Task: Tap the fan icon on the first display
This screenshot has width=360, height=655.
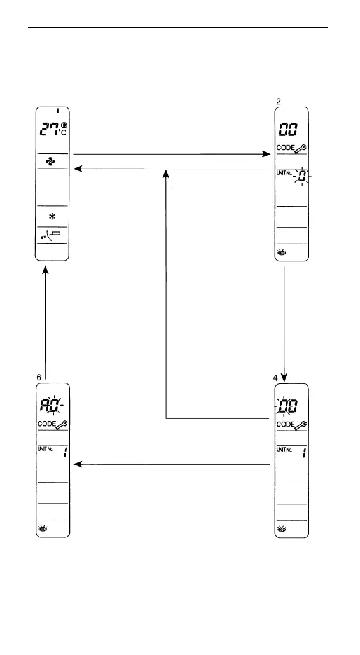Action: (x=50, y=162)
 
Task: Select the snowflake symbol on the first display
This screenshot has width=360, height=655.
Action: (x=52, y=216)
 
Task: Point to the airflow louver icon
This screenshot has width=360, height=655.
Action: (x=50, y=235)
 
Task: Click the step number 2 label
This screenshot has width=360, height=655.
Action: (x=279, y=102)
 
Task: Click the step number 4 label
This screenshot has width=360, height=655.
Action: (x=275, y=378)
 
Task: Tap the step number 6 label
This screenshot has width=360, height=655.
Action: (x=39, y=377)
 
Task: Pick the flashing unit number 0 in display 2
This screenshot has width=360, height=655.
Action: (x=302, y=176)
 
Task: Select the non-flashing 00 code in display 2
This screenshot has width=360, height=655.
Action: (x=288, y=130)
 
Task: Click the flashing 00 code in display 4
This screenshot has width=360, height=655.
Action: (x=288, y=406)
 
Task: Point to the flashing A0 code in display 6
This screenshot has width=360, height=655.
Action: (x=49, y=405)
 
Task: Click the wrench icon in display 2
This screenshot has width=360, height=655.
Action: (x=301, y=149)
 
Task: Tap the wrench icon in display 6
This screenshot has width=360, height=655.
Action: (x=62, y=425)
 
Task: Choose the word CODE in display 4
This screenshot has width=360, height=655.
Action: (x=286, y=424)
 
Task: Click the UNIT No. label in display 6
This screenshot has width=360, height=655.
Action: (x=45, y=449)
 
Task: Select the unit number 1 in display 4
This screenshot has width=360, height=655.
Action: (x=303, y=452)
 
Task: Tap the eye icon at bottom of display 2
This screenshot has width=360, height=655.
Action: (x=282, y=252)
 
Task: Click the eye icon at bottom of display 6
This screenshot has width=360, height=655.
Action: (x=43, y=528)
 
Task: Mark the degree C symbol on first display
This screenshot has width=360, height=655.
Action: (x=62, y=132)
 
